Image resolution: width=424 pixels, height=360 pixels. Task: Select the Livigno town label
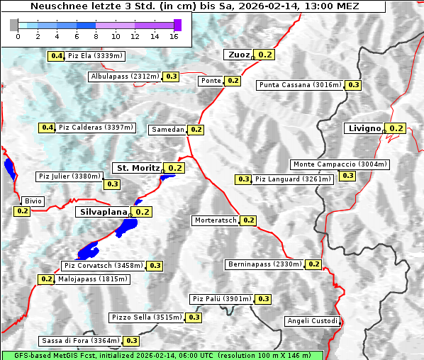coord(364,128)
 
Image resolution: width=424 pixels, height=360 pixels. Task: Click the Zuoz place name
coord(238,55)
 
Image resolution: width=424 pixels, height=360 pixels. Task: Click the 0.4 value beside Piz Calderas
coord(48,128)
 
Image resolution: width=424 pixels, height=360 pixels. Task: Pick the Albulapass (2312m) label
coord(125,76)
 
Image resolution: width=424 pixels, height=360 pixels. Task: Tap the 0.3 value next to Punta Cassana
coord(353,85)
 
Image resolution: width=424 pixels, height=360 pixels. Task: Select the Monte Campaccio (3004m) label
coord(340,164)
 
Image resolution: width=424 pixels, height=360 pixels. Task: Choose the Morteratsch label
coord(216,220)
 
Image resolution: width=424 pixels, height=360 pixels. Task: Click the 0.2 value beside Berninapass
coord(314,264)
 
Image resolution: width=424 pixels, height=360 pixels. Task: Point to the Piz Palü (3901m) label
coord(221,299)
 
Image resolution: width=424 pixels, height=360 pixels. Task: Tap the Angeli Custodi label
coord(312,321)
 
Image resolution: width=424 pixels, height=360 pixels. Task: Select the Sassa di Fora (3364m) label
coord(79,341)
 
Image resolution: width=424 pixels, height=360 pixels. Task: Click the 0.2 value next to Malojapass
coord(46,279)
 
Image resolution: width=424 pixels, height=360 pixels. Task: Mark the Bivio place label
coord(33,201)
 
